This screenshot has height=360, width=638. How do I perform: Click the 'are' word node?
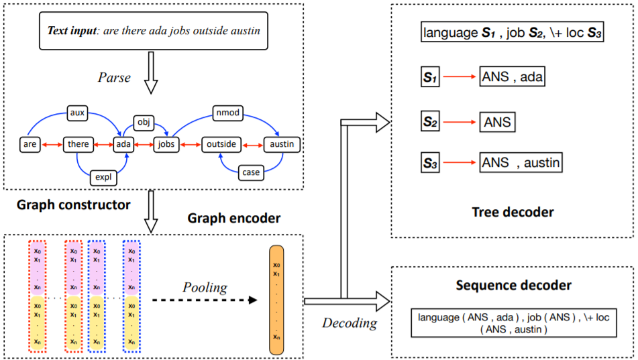click(x=30, y=144)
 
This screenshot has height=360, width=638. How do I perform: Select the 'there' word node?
click(x=78, y=144)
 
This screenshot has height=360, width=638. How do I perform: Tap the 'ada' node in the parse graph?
click(x=123, y=144)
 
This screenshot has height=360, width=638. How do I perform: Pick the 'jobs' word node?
click(x=166, y=144)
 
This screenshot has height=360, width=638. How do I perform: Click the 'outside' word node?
click(x=221, y=144)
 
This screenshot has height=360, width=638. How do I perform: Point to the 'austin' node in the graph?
click(x=282, y=144)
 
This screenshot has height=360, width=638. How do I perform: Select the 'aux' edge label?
click(x=77, y=113)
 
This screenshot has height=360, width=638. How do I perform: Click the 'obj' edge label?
click(x=144, y=122)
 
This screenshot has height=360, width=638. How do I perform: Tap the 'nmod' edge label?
click(x=228, y=113)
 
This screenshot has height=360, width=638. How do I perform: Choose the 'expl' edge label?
click(x=103, y=178)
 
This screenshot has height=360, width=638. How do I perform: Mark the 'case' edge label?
click(x=251, y=172)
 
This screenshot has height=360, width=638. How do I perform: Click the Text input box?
click(x=154, y=31)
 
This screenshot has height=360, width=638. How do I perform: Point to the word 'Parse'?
click(x=114, y=77)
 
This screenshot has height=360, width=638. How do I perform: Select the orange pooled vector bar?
click(x=276, y=300)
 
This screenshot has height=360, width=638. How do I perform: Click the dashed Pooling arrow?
click(x=205, y=300)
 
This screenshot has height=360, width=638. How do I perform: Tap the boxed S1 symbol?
click(x=429, y=77)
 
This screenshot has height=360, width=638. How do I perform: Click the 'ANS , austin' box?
click(x=521, y=163)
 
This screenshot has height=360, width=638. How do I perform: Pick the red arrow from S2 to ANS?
click(x=460, y=122)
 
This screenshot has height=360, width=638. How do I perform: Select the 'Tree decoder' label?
click(x=513, y=213)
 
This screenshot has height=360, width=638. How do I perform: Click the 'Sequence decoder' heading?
click(x=513, y=286)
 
